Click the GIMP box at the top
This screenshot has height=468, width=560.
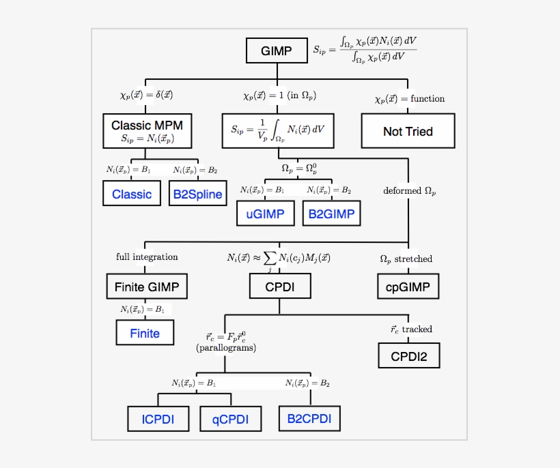point(276,51)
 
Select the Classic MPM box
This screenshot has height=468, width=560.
point(148,132)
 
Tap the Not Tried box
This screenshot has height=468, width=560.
point(408,132)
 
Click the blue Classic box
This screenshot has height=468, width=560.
point(132,194)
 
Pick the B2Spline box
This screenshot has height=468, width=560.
point(197,194)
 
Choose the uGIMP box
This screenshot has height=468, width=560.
point(265,214)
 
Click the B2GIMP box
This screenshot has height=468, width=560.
point(331,214)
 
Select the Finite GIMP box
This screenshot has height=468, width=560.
point(146,287)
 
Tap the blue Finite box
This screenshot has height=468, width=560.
point(145,333)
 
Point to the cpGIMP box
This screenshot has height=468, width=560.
point(408,287)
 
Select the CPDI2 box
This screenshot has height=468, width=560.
point(408,355)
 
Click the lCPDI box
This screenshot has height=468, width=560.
point(158,419)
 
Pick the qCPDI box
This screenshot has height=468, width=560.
point(230,419)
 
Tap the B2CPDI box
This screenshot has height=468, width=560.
point(309,418)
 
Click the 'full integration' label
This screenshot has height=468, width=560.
point(147,257)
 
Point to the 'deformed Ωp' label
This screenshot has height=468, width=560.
point(409,191)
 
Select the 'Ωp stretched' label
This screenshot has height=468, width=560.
point(406,259)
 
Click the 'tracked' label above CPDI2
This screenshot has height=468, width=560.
point(417,330)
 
